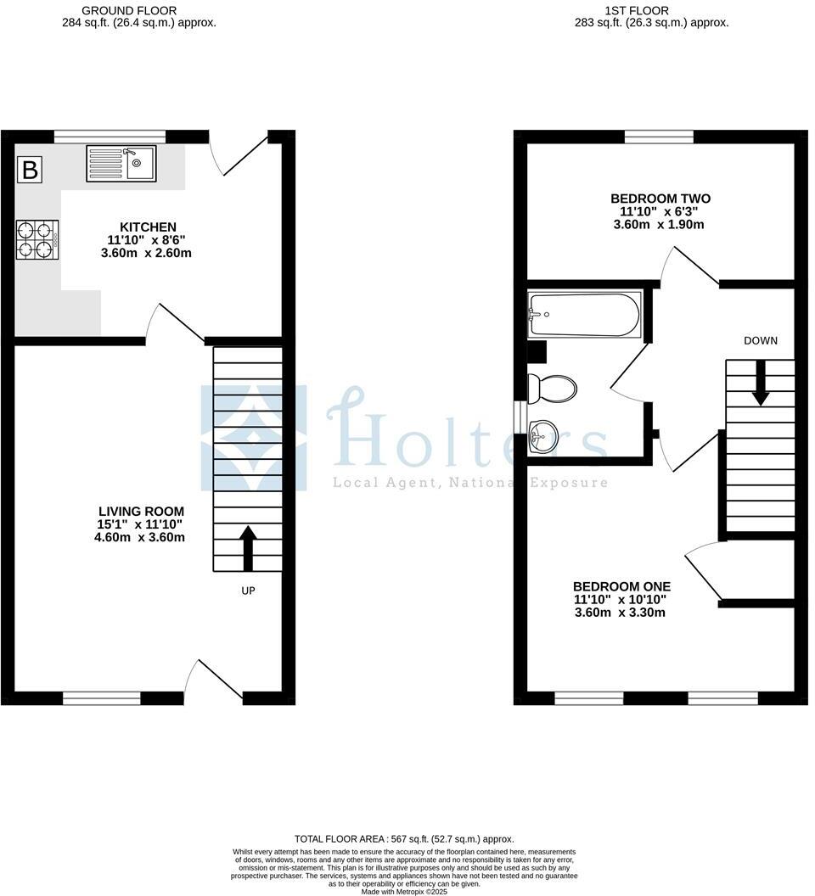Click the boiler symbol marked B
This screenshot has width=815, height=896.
[30, 170]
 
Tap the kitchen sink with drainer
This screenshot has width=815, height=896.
[121, 163]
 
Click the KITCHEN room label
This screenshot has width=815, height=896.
[148, 227]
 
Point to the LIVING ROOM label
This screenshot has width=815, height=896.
[141, 512]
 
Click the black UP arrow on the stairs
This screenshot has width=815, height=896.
[248, 547]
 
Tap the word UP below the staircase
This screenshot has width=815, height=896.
[248, 591]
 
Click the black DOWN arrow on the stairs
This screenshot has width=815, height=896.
[760, 382]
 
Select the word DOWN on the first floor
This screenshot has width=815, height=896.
[761, 341]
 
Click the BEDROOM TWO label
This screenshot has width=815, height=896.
[660, 199]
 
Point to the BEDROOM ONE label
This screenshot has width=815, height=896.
[621, 586]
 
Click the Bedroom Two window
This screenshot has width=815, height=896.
[659, 137]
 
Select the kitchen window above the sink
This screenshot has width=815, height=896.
[110, 136]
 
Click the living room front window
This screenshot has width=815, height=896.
[102, 698]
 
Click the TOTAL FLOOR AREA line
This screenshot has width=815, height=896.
[404, 837]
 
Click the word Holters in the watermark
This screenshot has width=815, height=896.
[467, 437]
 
